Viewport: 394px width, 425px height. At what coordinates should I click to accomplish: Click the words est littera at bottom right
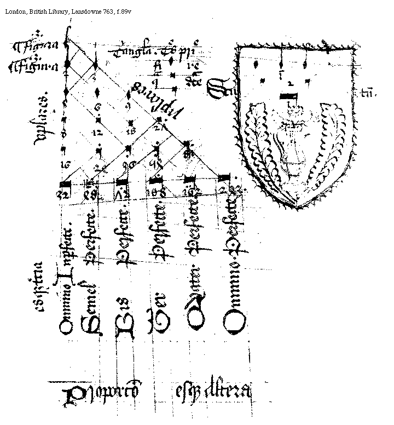(213, 392)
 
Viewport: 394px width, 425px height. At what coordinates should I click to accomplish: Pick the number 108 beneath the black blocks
(157, 192)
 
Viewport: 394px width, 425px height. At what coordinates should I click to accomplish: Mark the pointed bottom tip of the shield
(296, 208)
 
